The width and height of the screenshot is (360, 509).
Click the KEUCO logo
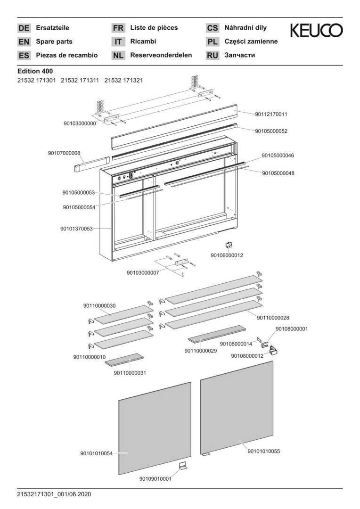click(x=316, y=31)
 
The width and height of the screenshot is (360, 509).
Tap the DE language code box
click(x=24, y=28)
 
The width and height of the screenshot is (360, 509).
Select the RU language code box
click(x=213, y=56)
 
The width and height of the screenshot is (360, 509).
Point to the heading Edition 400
click(x=35, y=71)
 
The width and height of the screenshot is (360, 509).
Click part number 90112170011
click(x=271, y=114)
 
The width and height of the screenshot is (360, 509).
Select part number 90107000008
click(x=64, y=153)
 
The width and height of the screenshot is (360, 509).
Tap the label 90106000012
click(x=227, y=255)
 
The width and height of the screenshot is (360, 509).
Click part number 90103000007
click(x=143, y=272)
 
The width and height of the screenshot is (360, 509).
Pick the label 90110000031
click(x=130, y=373)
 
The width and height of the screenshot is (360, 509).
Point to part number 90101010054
click(x=96, y=453)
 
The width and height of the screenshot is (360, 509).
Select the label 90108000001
click(x=292, y=328)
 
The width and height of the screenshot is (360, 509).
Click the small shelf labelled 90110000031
click(x=123, y=360)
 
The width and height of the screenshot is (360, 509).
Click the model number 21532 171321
click(x=123, y=81)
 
